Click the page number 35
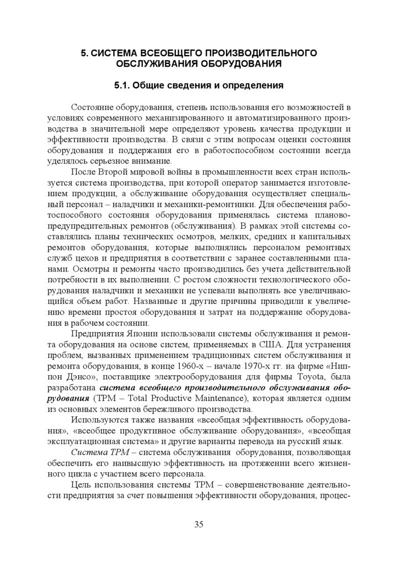coord(198,524)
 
